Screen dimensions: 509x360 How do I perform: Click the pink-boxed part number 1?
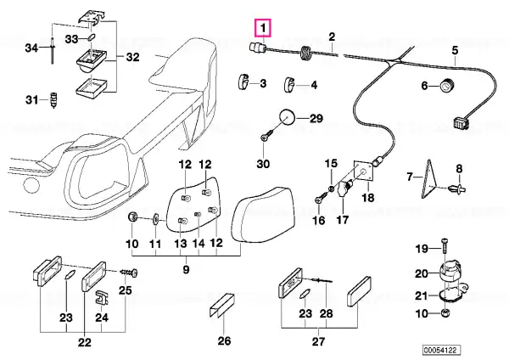263,28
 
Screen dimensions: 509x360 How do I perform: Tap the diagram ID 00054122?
441,350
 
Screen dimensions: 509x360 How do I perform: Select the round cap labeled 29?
287,118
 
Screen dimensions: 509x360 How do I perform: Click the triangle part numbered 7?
428,178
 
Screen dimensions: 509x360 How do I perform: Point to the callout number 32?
132,57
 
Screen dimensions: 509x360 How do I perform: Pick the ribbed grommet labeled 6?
447,86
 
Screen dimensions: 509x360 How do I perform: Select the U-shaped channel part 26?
221,305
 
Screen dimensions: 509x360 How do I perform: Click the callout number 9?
186,270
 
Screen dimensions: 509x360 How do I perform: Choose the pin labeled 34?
52,50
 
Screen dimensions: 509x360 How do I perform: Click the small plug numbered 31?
54,99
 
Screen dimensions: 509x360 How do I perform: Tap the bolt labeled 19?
444,248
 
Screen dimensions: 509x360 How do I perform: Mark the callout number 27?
318,341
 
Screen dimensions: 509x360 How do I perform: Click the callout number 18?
368,197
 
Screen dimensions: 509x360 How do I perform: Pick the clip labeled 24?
102,297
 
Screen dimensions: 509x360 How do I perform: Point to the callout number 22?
84,342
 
